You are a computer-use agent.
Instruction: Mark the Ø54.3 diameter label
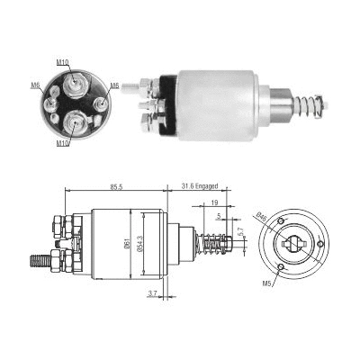pos(139,244)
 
